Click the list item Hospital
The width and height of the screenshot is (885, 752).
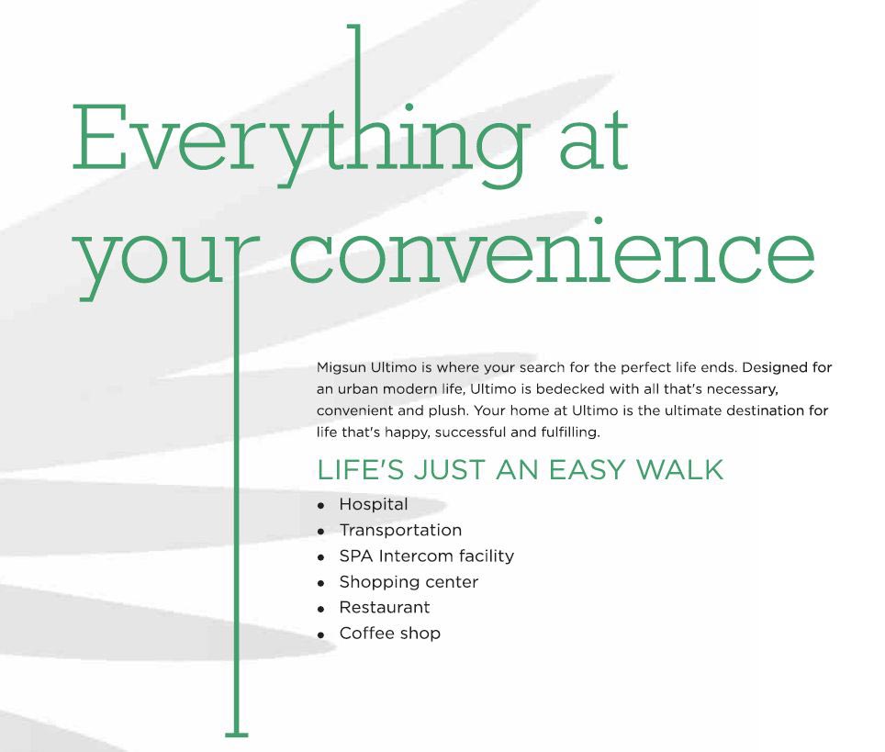click(373, 504)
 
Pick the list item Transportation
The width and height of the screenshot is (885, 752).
click(400, 530)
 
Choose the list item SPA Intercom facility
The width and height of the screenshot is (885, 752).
click(426, 556)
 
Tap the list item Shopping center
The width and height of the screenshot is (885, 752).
click(409, 582)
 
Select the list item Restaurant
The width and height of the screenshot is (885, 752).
click(385, 608)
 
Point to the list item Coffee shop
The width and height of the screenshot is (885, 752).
click(389, 634)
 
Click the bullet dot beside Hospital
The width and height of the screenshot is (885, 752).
click(320, 506)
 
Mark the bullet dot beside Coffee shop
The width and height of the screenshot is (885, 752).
click(320, 635)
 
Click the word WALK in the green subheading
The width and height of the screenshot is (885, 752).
click(679, 470)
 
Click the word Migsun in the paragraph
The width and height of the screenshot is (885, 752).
click(341, 368)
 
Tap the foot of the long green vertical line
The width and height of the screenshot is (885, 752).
click(237, 735)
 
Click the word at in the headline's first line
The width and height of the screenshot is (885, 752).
click(593, 141)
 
